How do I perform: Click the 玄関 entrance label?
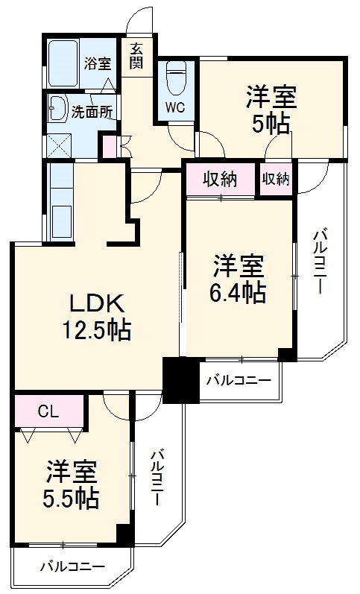tap(136, 56)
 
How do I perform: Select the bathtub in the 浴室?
tap(66, 55)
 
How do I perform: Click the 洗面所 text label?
tap(92, 113)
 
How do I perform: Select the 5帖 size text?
tap(271, 124)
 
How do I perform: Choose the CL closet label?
tap(48, 410)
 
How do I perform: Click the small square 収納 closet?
tap(275, 179)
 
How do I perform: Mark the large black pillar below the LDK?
tap(177, 379)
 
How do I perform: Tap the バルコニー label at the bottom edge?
tap(72, 567)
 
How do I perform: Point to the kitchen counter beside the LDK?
tap(60, 201)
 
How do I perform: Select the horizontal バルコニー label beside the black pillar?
tap(238, 381)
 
